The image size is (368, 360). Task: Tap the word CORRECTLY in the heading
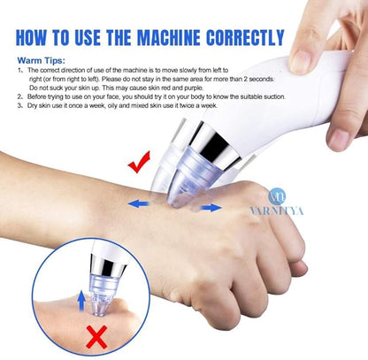(247, 38)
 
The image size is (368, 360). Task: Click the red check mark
(139, 163)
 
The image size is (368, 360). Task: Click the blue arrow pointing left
(137, 203)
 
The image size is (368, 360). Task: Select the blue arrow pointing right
(211, 207)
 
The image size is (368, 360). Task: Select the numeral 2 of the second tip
(20, 96)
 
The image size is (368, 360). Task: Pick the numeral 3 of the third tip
(20, 106)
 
